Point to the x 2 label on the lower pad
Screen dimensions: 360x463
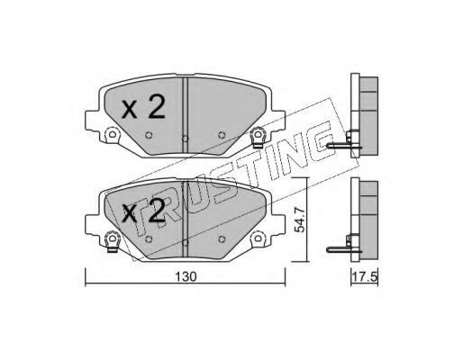pyautogui.click(x=143, y=212)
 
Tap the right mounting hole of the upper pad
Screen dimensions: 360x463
pyautogui.click(x=259, y=136)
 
